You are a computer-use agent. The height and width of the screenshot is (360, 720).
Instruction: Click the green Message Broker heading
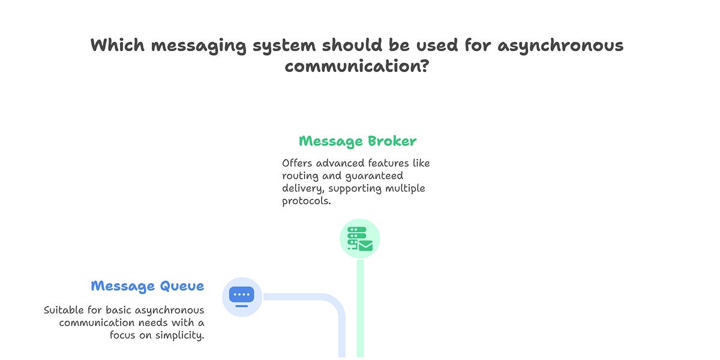pyautogui.click(x=358, y=142)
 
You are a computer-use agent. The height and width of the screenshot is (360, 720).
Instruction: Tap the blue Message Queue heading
pyautogui.click(x=148, y=286)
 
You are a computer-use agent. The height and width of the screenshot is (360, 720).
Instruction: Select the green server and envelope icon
pyautogui.click(x=360, y=239)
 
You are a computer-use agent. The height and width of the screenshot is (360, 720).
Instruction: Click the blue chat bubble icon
pyautogui.click(x=242, y=296)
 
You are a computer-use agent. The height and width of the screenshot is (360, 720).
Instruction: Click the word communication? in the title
pyautogui.click(x=357, y=65)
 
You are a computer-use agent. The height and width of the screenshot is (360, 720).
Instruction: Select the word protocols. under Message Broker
pyautogui.click(x=305, y=201)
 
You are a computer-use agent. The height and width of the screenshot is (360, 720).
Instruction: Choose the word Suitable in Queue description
pyautogui.click(x=67, y=310)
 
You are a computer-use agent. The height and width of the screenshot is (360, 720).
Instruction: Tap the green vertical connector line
pyautogui.click(x=360, y=306)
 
